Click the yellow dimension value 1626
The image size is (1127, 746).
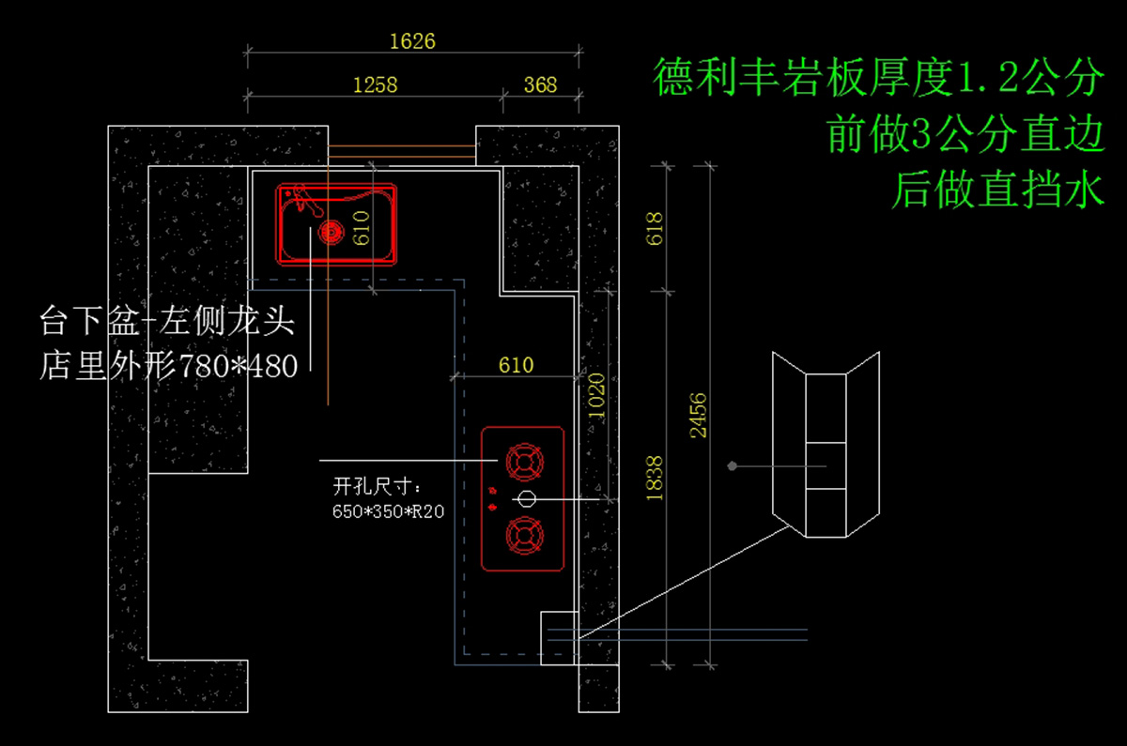(x=412, y=41)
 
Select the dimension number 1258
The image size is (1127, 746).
(x=375, y=84)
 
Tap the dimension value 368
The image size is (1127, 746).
(x=540, y=84)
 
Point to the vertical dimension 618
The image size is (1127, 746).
(x=656, y=229)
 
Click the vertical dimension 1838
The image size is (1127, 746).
(x=656, y=478)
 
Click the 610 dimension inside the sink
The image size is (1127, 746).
(x=363, y=228)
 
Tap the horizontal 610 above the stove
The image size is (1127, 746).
(x=516, y=364)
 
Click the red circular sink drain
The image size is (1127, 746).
(x=330, y=231)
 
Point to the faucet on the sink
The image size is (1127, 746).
(x=301, y=199)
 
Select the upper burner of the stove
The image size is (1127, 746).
(x=524, y=462)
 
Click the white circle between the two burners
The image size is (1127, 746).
(x=526, y=498)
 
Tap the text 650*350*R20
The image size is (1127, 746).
(x=388, y=511)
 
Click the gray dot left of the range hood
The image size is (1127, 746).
(x=732, y=465)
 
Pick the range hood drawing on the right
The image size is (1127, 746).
(x=826, y=446)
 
